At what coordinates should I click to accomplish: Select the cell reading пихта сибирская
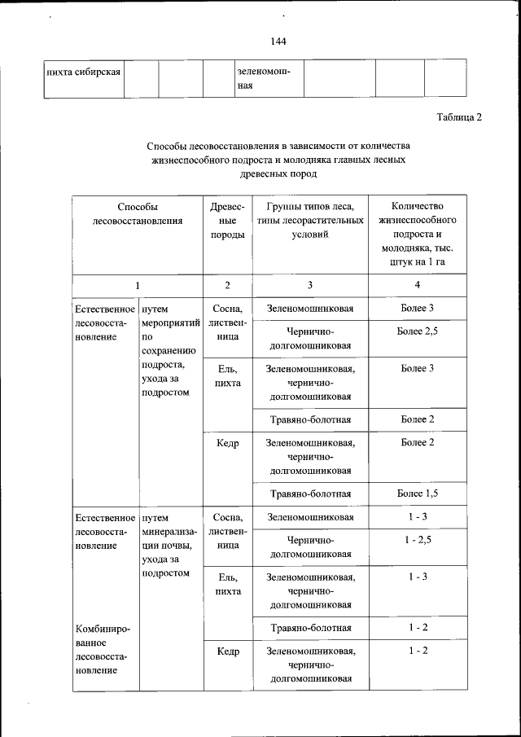(84, 72)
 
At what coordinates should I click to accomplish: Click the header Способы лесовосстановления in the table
(137, 213)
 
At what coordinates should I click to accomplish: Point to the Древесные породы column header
(227, 221)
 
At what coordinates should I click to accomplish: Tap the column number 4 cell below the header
(417, 285)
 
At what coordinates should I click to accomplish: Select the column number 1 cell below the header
(137, 285)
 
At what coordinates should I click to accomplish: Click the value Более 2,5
(417, 331)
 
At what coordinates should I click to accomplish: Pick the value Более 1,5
(417, 494)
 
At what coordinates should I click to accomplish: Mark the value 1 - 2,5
(417, 540)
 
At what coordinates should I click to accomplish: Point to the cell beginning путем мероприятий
(169, 350)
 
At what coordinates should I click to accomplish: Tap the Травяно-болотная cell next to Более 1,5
(310, 494)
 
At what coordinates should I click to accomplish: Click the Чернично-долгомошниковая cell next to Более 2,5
(310, 338)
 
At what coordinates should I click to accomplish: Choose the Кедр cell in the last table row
(227, 651)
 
